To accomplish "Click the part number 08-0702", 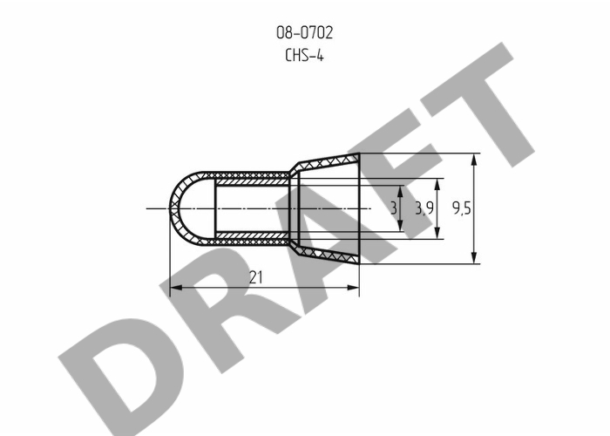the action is [x=305, y=33].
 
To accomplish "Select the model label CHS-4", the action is [x=304, y=55].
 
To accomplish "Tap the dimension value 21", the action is [x=255, y=277].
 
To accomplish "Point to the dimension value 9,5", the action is [x=461, y=208].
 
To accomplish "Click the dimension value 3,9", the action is [x=424, y=208].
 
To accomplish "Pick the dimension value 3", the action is [x=394, y=208].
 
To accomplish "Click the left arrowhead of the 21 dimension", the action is [x=176, y=288].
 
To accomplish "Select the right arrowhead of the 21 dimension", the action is [x=353, y=288].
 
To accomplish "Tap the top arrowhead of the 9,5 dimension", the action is [x=473, y=160].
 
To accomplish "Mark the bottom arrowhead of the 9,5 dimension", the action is [x=473, y=258].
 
